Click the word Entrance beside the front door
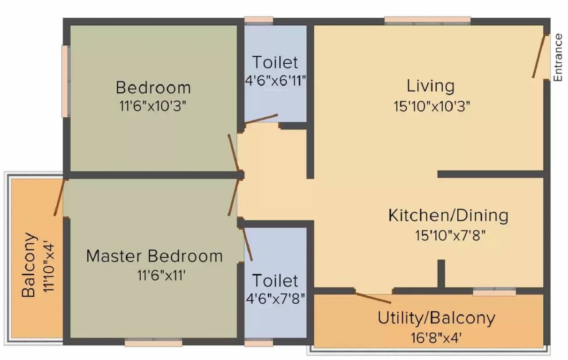558,58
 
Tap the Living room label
431,86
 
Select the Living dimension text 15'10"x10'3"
432,106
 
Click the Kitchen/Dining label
448,216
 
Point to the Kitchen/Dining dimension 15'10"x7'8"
450,235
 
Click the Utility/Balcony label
436,318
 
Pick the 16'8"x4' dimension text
437,337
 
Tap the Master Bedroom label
154,256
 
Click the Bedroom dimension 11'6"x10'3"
153,106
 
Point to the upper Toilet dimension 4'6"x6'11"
275,81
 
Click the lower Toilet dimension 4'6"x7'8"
275,299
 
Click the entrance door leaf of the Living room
539,56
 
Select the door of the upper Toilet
261,118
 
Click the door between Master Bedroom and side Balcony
59,197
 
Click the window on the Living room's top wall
427,20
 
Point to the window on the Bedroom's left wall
66,81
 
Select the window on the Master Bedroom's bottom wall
153,343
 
